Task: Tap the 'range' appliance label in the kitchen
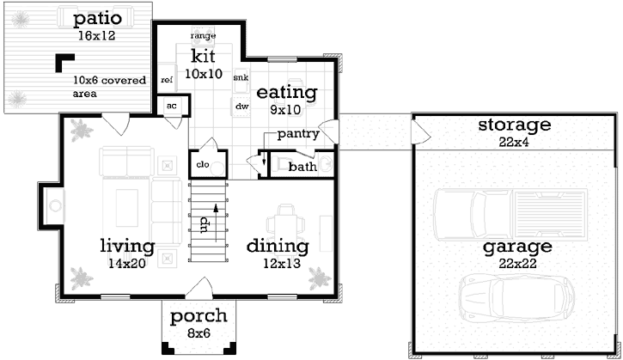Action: [203, 36]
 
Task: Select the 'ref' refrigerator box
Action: [167, 78]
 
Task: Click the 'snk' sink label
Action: [241, 76]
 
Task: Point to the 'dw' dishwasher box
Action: [241, 106]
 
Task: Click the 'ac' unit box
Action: [172, 106]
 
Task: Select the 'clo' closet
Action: [205, 162]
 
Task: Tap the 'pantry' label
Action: [298, 134]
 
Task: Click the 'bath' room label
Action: [302, 166]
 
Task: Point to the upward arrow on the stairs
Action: [216, 209]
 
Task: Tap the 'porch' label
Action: [199, 314]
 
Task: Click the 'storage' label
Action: [514, 125]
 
